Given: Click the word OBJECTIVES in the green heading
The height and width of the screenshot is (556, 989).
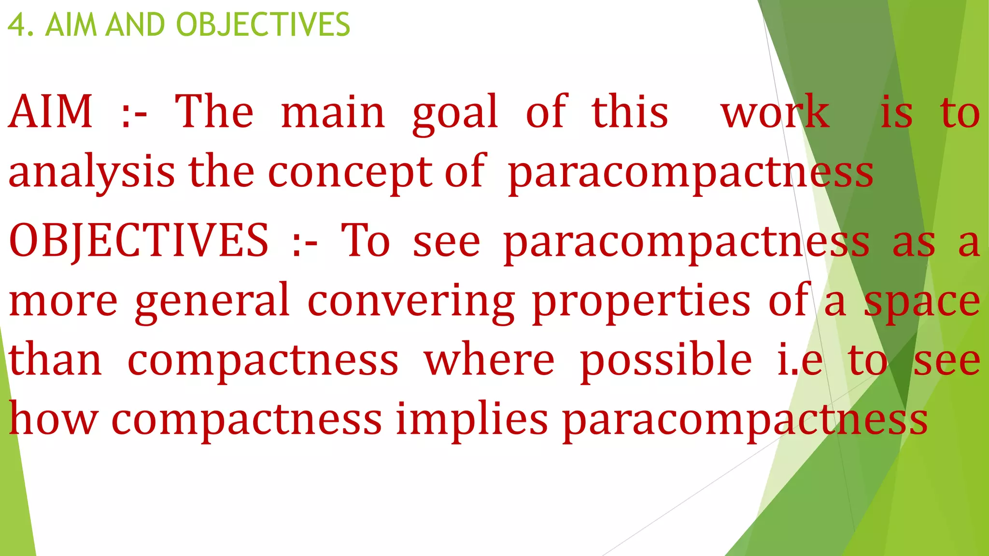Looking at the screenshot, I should (263, 25).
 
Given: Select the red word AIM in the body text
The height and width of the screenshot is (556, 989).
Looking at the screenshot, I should (51, 112).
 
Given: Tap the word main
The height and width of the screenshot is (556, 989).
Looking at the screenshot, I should (333, 113).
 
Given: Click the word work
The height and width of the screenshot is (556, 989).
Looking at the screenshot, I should (775, 113).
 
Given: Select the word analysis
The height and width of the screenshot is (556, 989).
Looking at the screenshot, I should (92, 173).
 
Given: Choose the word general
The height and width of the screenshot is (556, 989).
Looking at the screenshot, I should (212, 302).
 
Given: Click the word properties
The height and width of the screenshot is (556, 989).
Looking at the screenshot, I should (642, 302).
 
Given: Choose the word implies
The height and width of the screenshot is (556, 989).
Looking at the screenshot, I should (472, 419).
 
